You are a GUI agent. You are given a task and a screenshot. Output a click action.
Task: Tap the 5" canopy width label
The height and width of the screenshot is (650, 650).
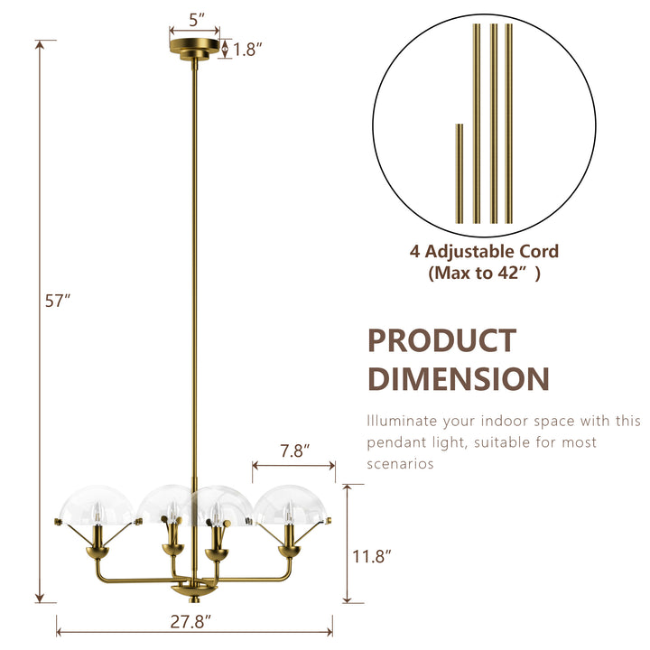pos(197,17)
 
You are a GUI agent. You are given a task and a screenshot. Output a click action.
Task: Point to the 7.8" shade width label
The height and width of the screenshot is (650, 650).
pos(294,449)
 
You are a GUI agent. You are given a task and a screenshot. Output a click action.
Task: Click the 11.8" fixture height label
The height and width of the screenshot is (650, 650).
pos(370,557)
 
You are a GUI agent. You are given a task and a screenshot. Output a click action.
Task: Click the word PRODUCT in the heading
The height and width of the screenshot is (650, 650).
pos(441,341)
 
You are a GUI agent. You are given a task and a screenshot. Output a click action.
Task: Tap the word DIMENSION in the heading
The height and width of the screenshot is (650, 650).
pos(458,379)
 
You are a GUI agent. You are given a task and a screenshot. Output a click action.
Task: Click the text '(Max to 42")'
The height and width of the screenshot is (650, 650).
pos(485,274)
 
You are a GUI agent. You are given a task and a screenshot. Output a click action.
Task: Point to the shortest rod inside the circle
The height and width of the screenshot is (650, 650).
pos(459,173)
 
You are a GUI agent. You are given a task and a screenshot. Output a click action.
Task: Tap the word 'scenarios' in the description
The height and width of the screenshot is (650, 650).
pos(400,465)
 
